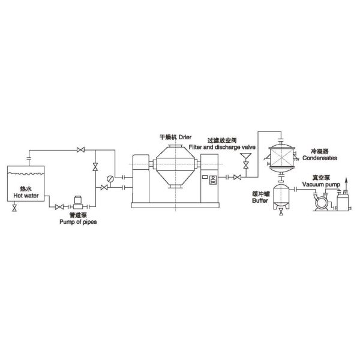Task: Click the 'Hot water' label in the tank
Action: [26, 196]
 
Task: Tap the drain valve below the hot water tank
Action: [14, 208]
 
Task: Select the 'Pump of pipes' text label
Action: [78, 222]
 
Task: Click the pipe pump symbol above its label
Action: [78, 203]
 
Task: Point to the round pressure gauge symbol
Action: [110, 178]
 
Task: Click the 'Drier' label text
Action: [185, 137]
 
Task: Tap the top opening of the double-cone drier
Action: [176, 146]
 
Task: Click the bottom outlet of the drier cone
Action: [176, 186]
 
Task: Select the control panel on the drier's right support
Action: [213, 180]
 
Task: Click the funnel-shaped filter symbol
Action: [245, 157]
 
